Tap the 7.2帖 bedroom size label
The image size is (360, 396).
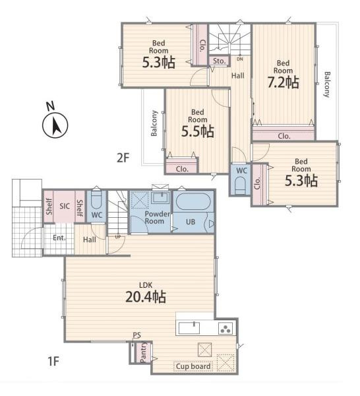click(x=283, y=82)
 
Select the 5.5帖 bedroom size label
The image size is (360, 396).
click(x=198, y=131)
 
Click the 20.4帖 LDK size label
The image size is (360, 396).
click(x=146, y=297)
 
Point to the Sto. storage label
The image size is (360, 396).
click(x=219, y=61)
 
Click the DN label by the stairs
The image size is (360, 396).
click(x=239, y=59)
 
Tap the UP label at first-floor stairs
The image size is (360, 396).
click(x=118, y=237)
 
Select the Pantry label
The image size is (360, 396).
click(x=143, y=352)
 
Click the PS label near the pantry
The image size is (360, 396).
click(x=136, y=335)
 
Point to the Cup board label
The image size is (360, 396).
click(x=193, y=366)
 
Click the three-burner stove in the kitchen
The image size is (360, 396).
click(x=225, y=328)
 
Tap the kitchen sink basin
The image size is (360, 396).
click(x=189, y=328)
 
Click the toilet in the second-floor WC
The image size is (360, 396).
click(x=240, y=185)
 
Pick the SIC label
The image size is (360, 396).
click(x=65, y=206)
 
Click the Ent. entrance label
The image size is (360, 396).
click(x=59, y=238)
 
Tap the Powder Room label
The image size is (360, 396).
click(x=155, y=217)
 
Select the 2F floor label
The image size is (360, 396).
click(x=123, y=158)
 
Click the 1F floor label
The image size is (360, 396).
click(x=53, y=362)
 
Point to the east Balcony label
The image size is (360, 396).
click(x=327, y=84)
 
